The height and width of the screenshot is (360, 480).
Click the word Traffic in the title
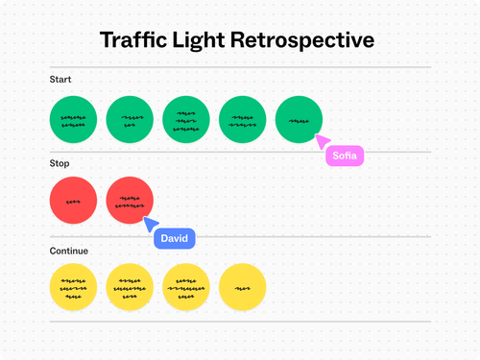point(142,41)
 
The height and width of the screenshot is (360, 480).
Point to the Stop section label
point(60,164)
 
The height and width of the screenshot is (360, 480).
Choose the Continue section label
point(69,251)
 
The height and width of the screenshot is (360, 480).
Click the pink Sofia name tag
point(345,155)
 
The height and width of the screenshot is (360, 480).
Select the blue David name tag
point(175,237)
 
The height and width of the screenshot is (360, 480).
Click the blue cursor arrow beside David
point(150,225)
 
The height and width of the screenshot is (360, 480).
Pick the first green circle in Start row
point(73,119)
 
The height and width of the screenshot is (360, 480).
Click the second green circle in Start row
point(130,119)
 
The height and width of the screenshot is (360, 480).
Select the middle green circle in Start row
point(186,119)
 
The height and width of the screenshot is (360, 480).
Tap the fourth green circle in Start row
point(243,119)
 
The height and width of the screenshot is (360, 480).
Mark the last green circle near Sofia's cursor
point(299,119)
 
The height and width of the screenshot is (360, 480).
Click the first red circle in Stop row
point(73,202)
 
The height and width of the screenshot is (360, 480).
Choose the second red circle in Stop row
point(130,202)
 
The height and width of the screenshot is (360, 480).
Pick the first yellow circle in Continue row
point(73,286)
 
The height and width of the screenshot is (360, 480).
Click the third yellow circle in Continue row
point(186,286)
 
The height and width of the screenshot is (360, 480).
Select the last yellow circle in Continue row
point(243,286)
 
